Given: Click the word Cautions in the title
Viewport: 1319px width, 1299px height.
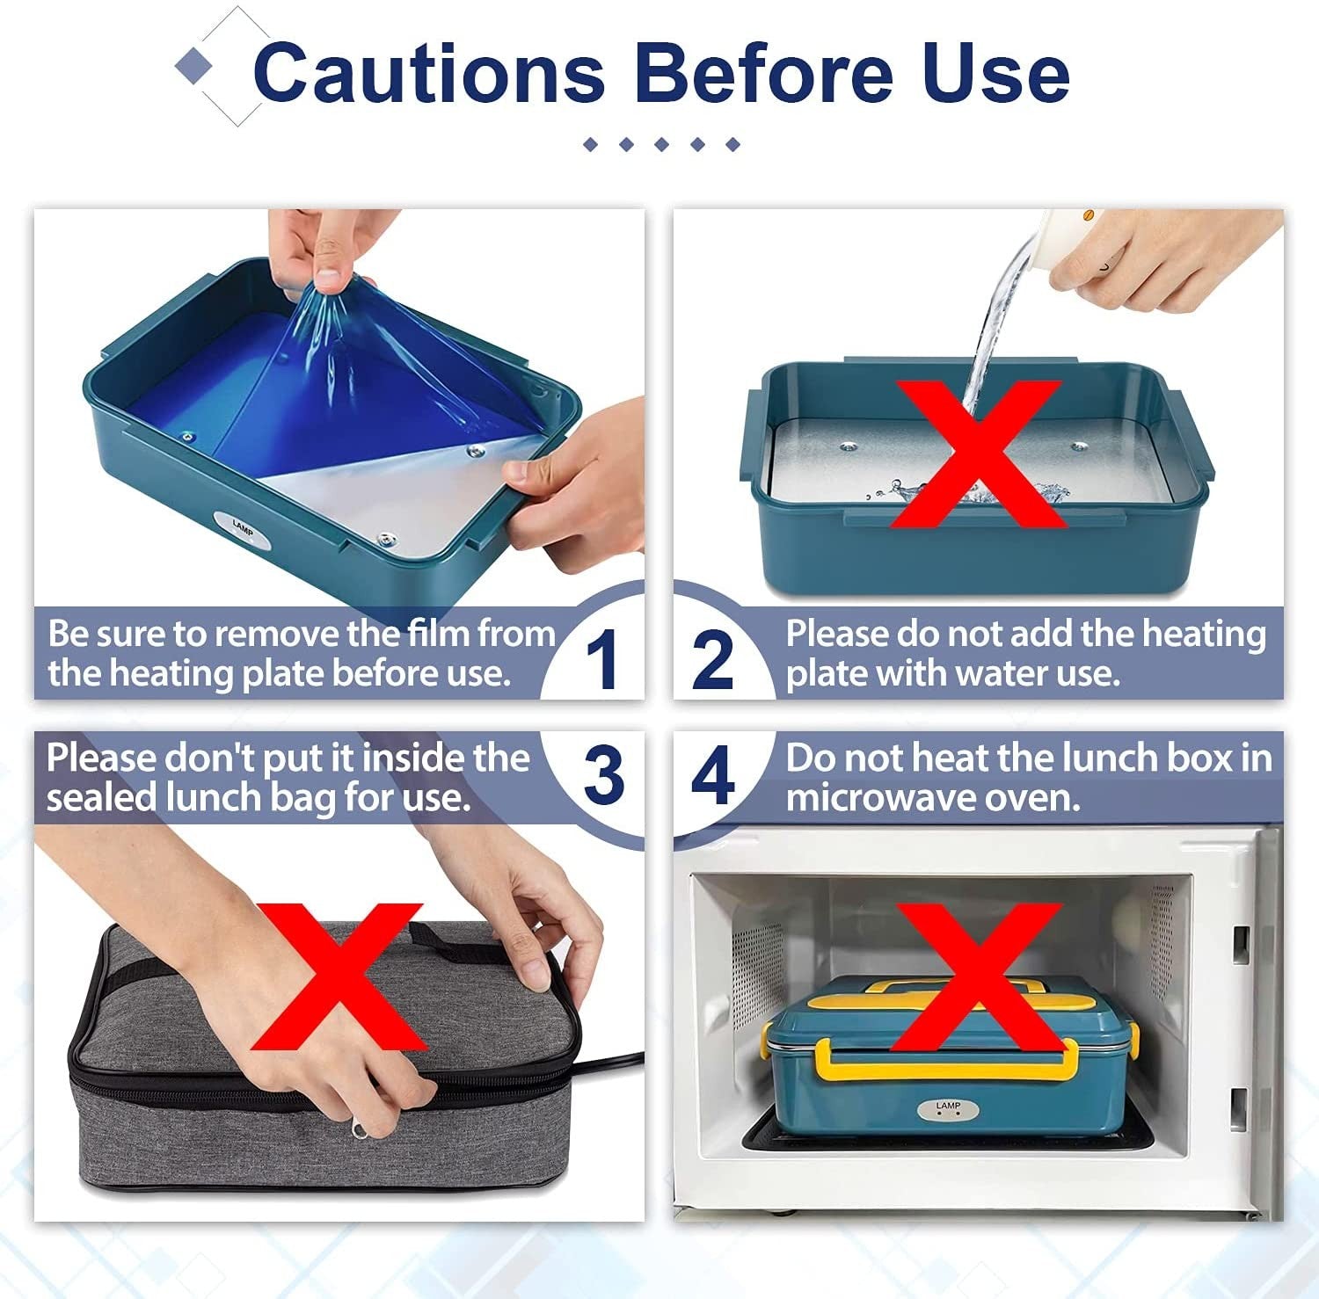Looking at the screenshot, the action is pos(429,74).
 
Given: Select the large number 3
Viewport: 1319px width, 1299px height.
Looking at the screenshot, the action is pos(603,775).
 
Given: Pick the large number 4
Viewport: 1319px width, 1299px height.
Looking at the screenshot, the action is pos(712,775).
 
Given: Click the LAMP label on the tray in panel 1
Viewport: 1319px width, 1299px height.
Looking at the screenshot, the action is pos(243,528).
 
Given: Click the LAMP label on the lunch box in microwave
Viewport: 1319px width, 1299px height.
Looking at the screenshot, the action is pos(948,1109).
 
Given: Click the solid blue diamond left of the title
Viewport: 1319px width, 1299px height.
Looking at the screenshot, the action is pos(194,67).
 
